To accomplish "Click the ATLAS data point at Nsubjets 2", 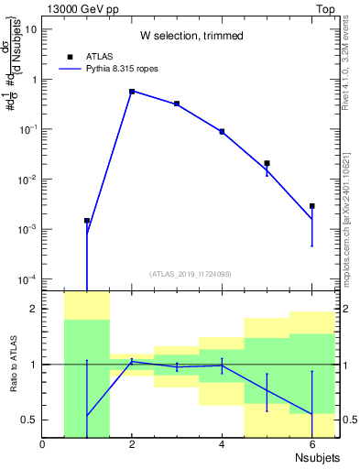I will coord(132,92).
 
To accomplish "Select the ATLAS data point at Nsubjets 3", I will coord(177,104).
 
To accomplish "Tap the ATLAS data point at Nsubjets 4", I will coord(222,131).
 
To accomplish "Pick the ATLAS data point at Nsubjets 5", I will coord(267,163).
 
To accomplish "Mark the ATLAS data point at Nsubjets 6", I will coord(311,206).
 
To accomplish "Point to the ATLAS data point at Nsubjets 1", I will coord(87,221).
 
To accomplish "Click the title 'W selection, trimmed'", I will coord(191,36).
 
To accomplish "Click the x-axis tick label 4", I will coord(222,444).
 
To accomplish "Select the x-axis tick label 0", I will coord(42,444).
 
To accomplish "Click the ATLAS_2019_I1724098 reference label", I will coord(191,273).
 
